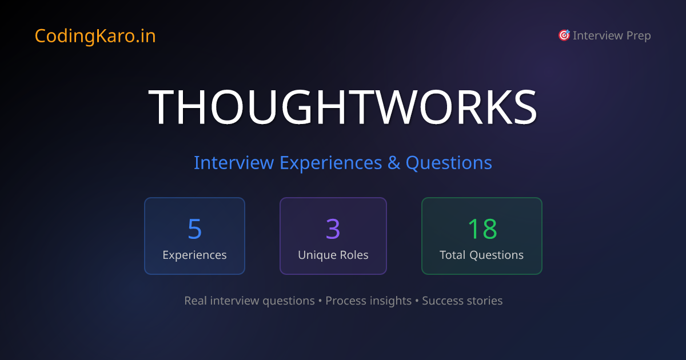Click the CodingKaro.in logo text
click(95, 36)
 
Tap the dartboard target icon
click(564, 35)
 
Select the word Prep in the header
click(639, 35)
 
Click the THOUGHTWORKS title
click(343, 107)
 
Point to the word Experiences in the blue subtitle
click(330, 163)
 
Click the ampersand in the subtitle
click(394, 163)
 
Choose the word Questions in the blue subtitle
click(449, 163)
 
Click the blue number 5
click(194, 229)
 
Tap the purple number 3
click(333, 229)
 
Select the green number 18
click(482, 229)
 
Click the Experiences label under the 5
click(194, 255)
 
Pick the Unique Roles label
click(333, 255)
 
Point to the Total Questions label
click(481, 255)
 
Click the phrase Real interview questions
click(249, 301)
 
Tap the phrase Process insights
click(368, 301)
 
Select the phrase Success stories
click(462, 301)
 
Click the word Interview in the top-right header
click(597, 35)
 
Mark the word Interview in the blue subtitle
click(233, 163)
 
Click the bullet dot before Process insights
click(320, 301)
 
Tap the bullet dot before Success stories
click(417, 301)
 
